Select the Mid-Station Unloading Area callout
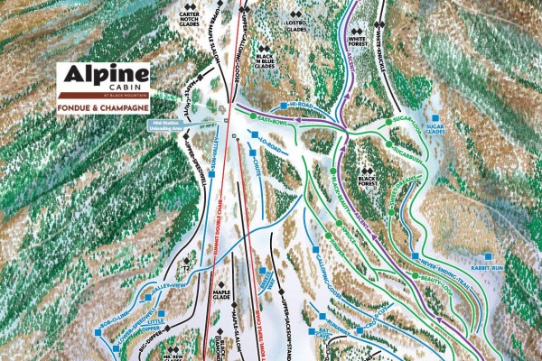click(x=176, y=126)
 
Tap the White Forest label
click(x=358, y=40)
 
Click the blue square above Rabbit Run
click(x=489, y=256)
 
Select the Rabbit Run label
click(x=489, y=268)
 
